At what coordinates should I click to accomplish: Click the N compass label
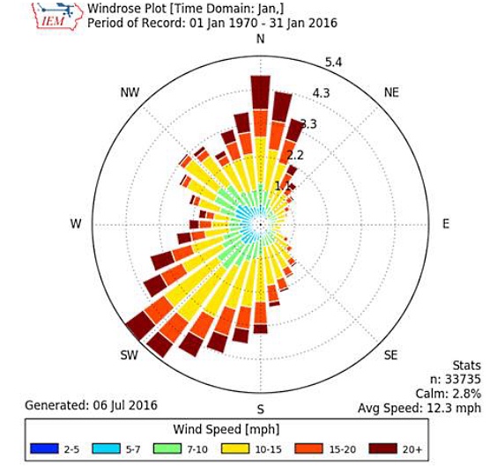coord(260,41)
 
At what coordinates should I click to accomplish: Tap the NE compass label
coord(393,92)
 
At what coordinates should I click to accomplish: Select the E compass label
coord(446,224)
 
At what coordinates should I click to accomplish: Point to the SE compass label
coord(392,356)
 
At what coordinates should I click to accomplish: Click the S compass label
coord(260,410)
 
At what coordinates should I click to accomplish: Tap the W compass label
coord(75,224)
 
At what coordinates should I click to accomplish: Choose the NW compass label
coord(128,92)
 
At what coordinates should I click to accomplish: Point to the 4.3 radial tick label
coord(321,93)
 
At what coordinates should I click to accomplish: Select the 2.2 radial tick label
coord(295,155)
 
